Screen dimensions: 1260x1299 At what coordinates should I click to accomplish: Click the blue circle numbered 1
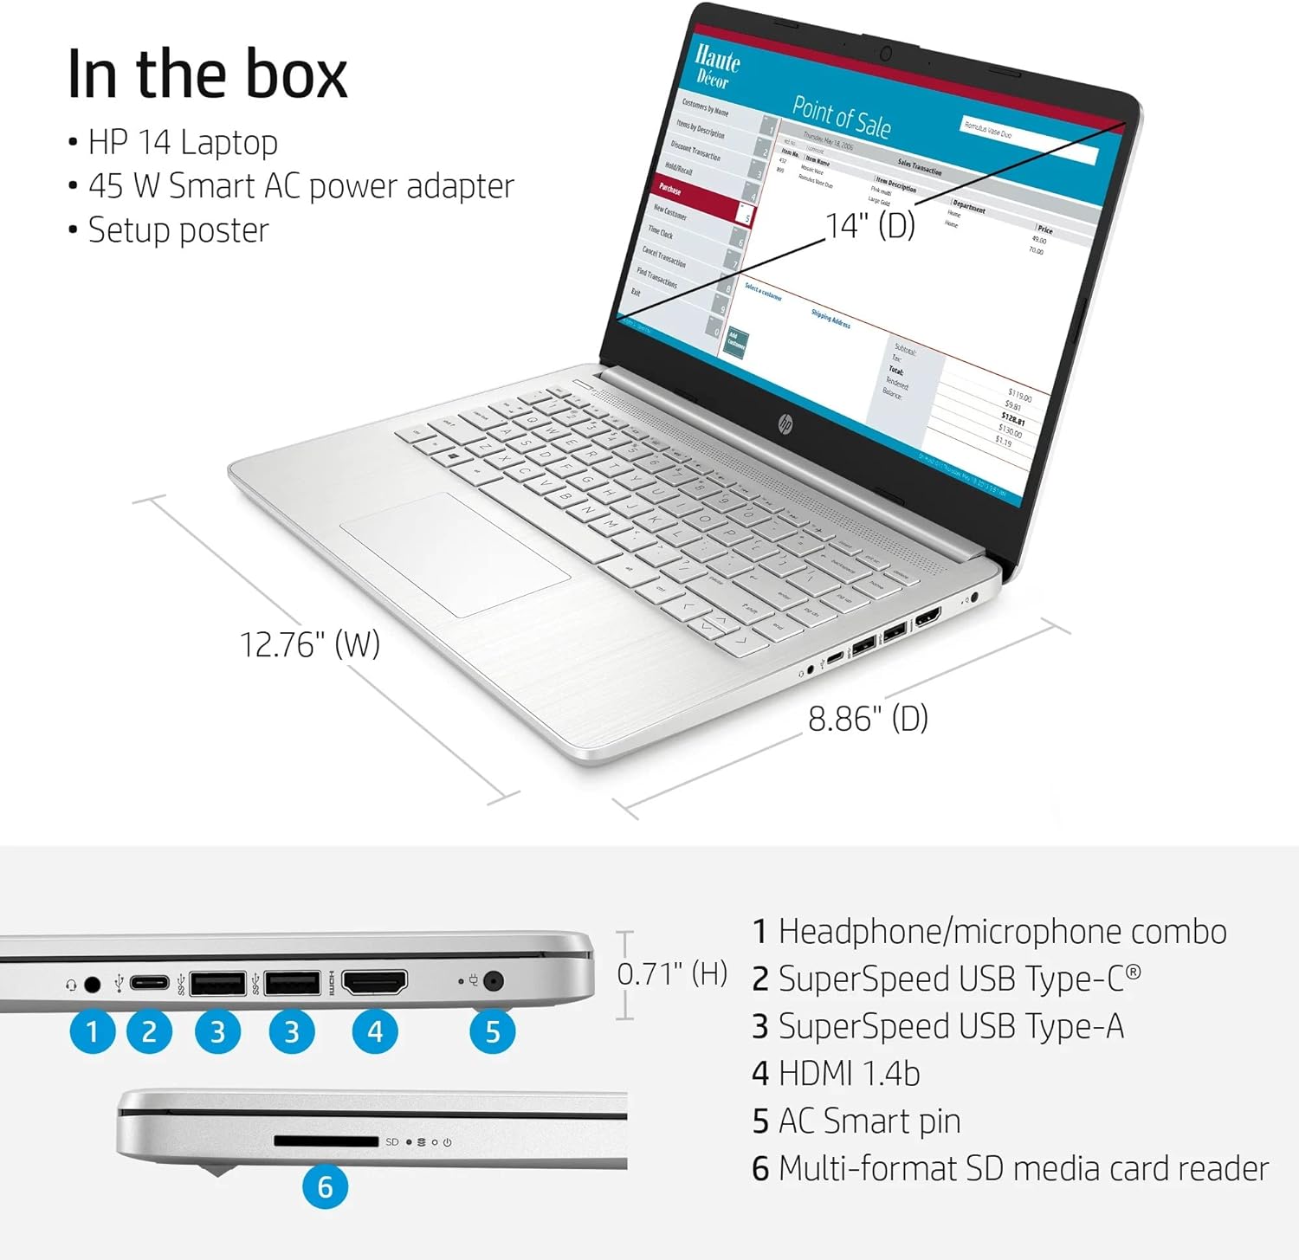click(92, 1031)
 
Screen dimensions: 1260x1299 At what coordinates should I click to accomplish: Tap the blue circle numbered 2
click(149, 1031)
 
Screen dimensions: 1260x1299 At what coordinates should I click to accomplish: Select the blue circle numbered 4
click(375, 1031)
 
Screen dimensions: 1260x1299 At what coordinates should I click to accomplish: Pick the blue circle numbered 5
click(493, 1031)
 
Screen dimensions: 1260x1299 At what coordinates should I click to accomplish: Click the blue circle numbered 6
click(325, 1186)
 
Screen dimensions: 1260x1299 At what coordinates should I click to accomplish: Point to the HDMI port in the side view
click(375, 982)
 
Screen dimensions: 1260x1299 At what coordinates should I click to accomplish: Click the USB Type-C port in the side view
click(149, 983)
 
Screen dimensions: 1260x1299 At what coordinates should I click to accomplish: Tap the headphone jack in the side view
click(92, 985)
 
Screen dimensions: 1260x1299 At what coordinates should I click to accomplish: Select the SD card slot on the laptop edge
click(326, 1141)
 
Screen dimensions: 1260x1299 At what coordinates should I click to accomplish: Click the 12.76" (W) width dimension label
click(309, 644)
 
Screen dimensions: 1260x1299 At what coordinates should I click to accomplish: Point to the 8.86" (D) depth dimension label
click(868, 719)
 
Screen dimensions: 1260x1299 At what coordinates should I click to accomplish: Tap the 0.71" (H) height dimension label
click(672, 974)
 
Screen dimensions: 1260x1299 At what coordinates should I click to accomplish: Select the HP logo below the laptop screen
click(785, 423)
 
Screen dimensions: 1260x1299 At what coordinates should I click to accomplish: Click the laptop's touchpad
click(455, 554)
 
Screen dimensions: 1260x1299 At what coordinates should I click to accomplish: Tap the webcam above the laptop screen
click(885, 55)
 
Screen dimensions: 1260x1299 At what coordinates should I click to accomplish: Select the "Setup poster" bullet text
click(178, 230)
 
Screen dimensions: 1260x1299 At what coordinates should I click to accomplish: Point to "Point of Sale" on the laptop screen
click(841, 119)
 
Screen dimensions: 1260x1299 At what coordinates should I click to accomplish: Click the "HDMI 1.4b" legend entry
click(836, 1074)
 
